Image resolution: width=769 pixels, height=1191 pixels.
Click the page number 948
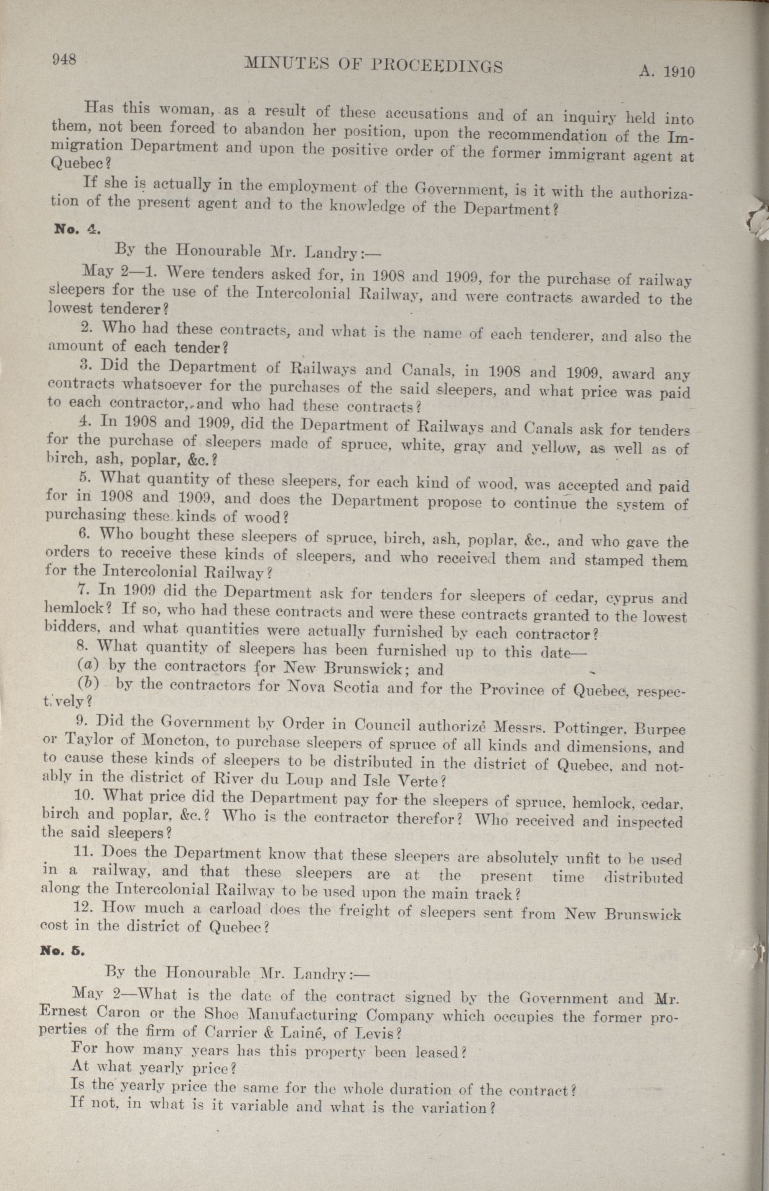pos(64,59)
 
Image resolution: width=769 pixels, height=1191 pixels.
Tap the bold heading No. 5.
pos(62,951)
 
